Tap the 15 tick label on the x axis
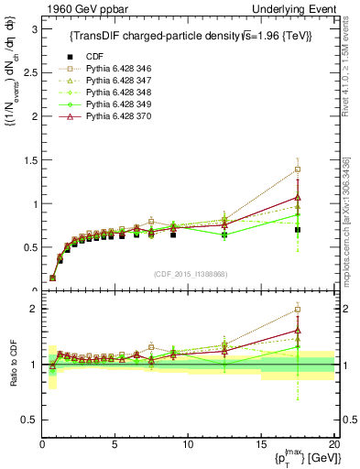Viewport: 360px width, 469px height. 261,444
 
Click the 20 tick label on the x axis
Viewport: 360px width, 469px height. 333,444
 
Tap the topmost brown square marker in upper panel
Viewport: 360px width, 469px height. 298,169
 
